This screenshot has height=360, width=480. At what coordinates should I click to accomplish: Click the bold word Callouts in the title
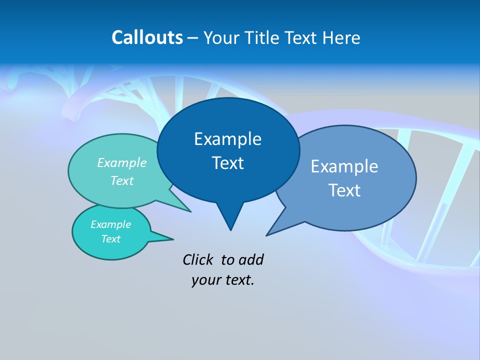[x=147, y=37]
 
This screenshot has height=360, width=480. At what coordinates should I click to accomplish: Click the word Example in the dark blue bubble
[x=227, y=139]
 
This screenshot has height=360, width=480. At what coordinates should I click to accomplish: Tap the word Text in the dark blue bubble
[x=227, y=163]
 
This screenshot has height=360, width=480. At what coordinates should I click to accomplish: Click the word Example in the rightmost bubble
[x=344, y=166]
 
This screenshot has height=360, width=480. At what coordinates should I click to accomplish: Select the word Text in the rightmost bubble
[x=344, y=190]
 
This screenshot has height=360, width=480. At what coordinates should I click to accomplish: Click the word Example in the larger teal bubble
[x=122, y=163]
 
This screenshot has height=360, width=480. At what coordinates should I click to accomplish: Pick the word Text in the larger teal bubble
[x=122, y=180]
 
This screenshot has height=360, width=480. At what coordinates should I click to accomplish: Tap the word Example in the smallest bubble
[x=110, y=224]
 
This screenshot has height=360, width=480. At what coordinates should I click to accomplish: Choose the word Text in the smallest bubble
[x=110, y=239]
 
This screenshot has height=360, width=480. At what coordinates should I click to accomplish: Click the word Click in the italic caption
[x=197, y=259]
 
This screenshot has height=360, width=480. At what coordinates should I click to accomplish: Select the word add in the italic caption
[x=251, y=259]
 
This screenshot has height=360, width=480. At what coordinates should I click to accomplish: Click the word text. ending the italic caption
[x=237, y=280]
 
